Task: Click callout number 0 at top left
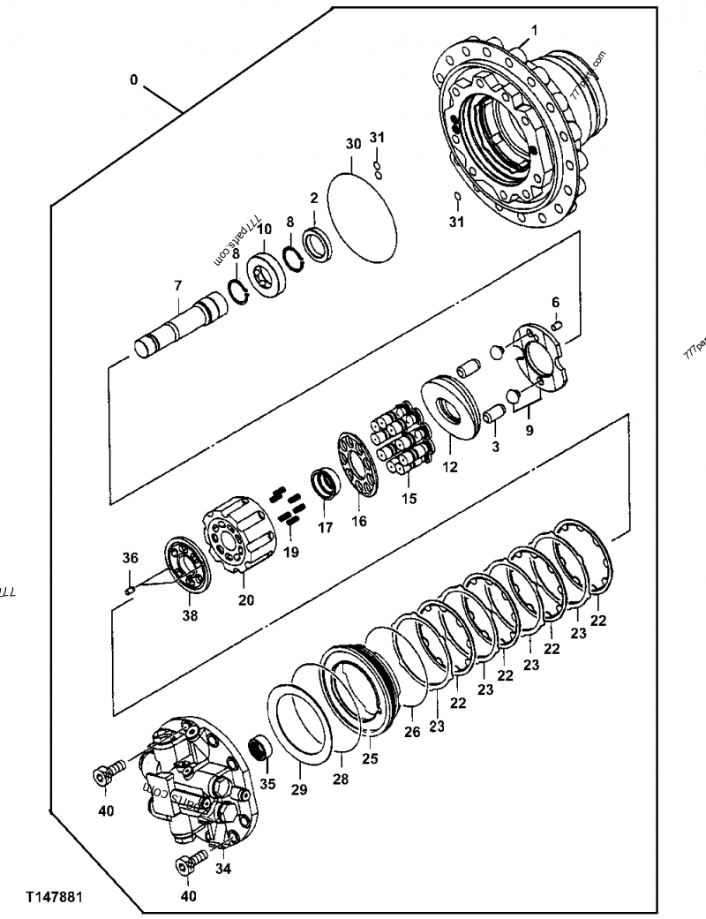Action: [133, 79]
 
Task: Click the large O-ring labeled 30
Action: [362, 215]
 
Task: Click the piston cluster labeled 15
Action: [402, 433]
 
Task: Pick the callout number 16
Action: [359, 522]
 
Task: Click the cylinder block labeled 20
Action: [237, 539]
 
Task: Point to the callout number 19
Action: [291, 552]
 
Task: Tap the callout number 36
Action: [130, 557]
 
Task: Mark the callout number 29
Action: [299, 788]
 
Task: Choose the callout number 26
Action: [411, 731]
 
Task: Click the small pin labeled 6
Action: [556, 328]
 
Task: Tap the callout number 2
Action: [313, 200]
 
